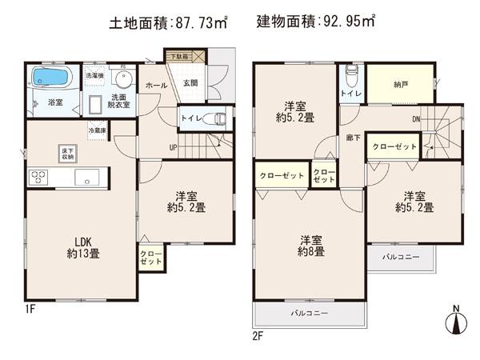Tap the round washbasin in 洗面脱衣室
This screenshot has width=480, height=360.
click(122, 80)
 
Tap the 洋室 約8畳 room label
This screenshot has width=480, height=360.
click(312, 246)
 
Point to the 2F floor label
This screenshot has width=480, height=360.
click(258, 336)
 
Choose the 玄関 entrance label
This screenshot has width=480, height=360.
click(189, 84)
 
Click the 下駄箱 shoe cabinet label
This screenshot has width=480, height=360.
click(185, 56)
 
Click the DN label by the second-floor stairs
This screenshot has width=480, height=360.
click(415, 120)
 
